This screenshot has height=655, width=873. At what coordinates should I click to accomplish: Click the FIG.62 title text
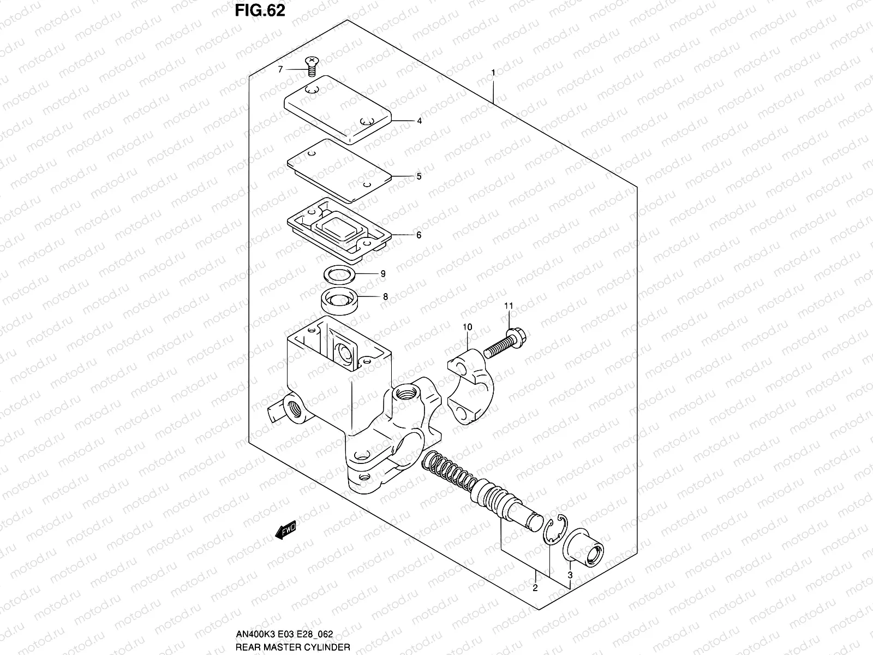click(260, 11)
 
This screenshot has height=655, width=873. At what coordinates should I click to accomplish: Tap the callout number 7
click(280, 69)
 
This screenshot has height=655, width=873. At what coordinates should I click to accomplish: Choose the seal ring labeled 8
click(339, 300)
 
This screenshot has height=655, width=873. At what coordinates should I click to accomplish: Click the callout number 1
click(493, 73)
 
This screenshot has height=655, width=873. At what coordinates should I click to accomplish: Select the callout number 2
click(535, 588)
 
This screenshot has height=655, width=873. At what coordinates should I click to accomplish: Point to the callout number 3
click(570, 575)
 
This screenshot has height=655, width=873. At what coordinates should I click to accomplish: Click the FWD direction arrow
click(285, 529)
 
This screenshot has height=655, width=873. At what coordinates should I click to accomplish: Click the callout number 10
click(468, 327)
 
